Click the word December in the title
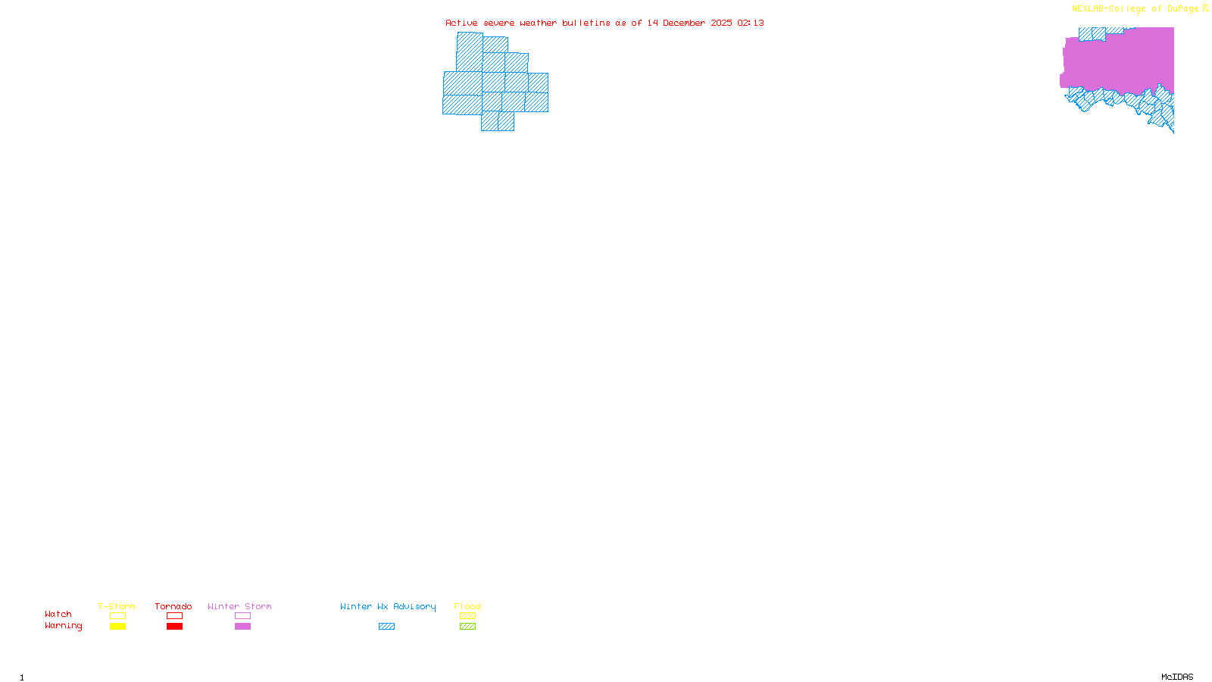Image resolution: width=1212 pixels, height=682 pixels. click(684, 23)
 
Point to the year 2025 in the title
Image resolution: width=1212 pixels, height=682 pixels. click(721, 23)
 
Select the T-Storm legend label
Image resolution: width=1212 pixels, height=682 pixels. click(117, 606)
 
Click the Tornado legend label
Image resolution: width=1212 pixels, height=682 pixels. click(173, 606)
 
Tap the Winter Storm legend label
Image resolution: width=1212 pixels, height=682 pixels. click(239, 606)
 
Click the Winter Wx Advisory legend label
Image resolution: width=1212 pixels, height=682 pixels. click(388, 606)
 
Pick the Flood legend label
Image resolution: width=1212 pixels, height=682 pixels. click(467, 606)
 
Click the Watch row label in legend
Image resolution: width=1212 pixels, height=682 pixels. click(58, 614)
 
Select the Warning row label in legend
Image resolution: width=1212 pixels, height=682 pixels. click(63, 626)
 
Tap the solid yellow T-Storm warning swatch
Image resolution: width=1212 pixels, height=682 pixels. click(117, 627)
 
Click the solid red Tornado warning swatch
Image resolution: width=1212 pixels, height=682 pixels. click(175, 627)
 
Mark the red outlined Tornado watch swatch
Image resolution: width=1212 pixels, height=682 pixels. click(175, 616)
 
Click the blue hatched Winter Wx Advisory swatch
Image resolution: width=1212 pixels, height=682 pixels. click(386, 627)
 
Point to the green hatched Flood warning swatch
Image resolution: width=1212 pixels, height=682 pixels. click(467, 627)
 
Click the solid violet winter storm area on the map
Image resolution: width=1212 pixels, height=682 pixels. click(1117, 61)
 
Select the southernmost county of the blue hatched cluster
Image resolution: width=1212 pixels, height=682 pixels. click(498, 121)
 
